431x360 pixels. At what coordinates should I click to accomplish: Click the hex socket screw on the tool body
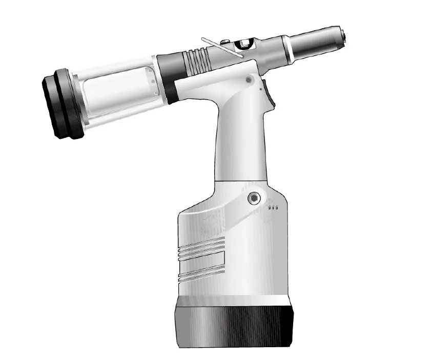tap(253, 198)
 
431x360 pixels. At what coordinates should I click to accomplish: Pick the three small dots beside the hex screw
tap(273, 208)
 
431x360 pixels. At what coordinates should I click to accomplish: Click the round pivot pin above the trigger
tap(249, 79)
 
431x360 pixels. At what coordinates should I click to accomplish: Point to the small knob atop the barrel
tap(225, 41)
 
